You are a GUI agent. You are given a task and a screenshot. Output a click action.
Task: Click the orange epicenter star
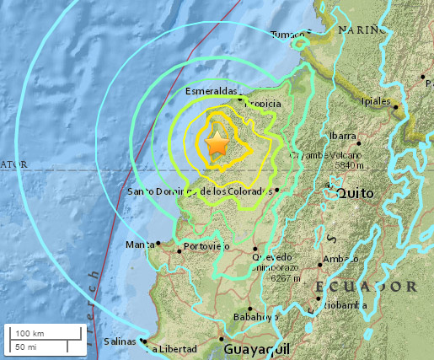point(217,145)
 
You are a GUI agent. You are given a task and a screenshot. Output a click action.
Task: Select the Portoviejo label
point(207,246)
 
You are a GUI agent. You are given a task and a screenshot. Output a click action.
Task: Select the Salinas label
point(118,343)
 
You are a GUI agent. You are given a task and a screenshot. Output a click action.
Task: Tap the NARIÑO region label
point(362,29)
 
